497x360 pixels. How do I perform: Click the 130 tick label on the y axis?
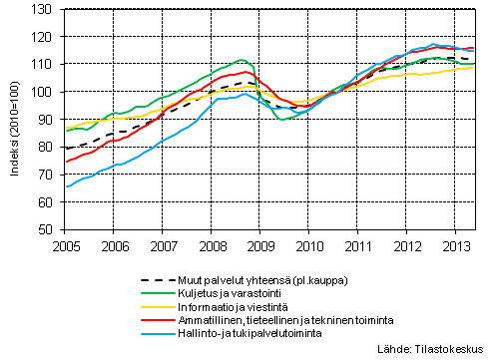point(46,10)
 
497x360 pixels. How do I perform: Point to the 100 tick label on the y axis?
point(46,92)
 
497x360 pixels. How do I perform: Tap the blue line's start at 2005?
point(67,186)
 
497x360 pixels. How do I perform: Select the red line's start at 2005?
point(67,162)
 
